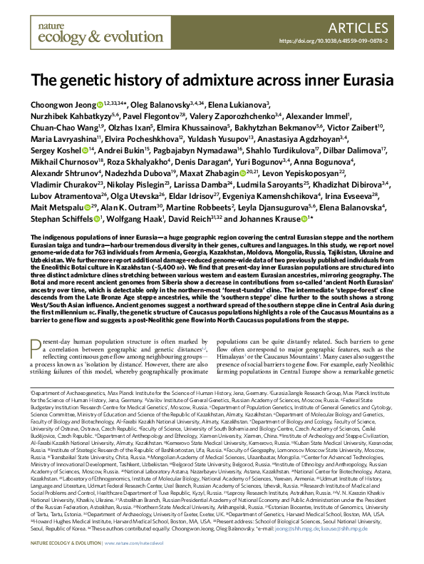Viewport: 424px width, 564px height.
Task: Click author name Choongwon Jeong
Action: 61,103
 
